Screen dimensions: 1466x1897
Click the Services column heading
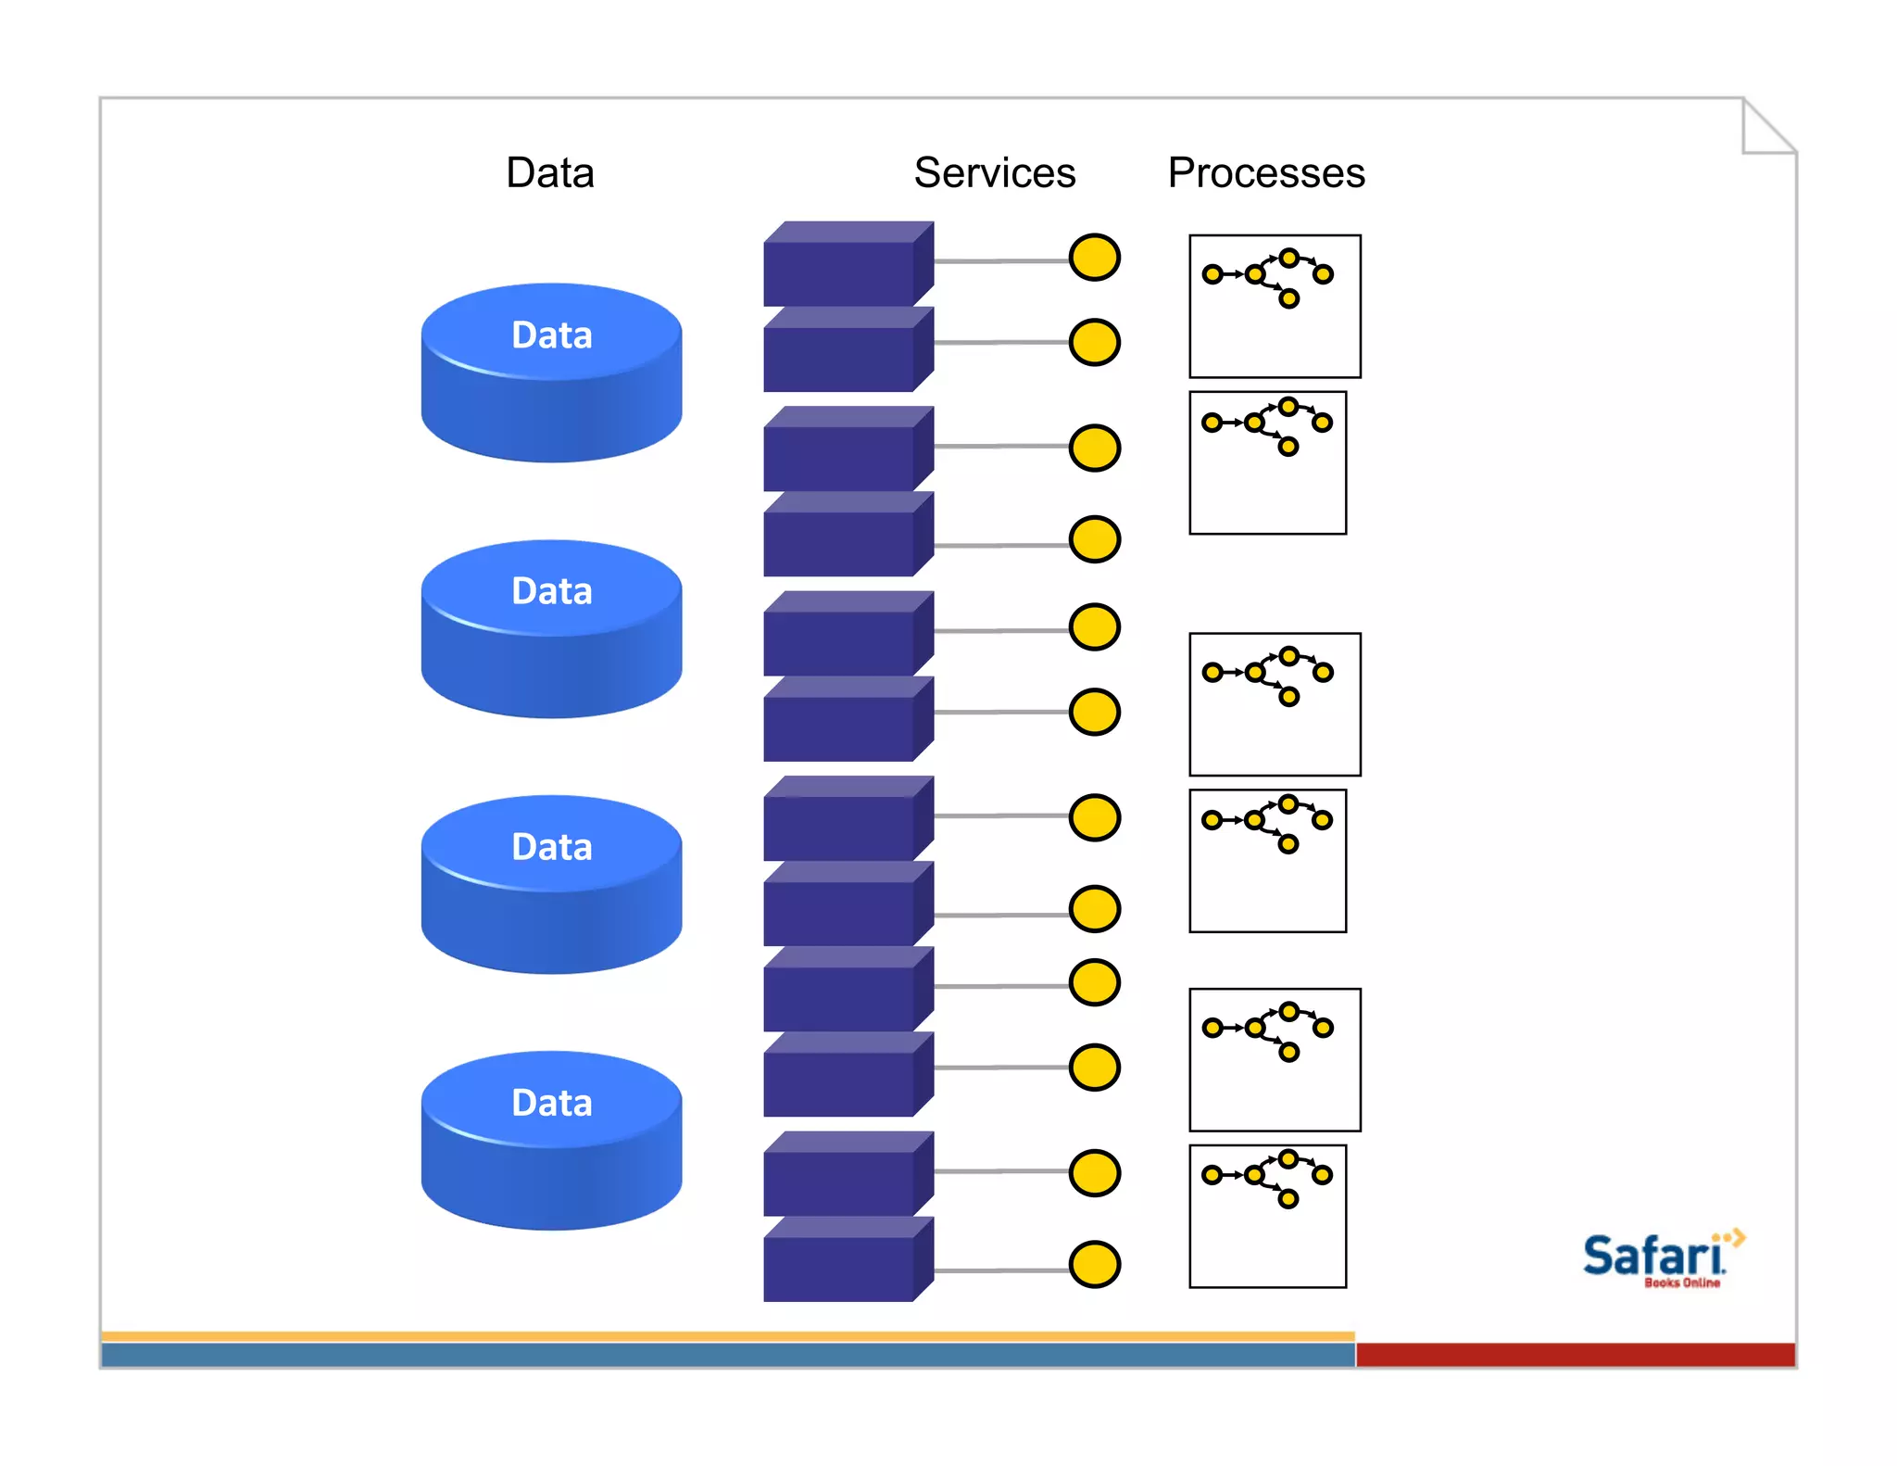(x=994, y=173)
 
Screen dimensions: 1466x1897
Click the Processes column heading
(x=1265, y=173)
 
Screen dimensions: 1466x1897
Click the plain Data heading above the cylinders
(x=549, y=173)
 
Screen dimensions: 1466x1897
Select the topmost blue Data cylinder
(x=551, y=373)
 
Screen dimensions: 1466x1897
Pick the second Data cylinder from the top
(x=551, y=628)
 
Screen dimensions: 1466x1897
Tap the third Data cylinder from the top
(x=551, y=884)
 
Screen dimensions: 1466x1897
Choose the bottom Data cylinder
(x=551, y=1140)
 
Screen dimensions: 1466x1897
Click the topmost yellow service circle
(x=1094, y=258)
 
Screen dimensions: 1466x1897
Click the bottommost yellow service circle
(x=1094, y=1265)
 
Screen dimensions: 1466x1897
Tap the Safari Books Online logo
(x=1658, y=1258)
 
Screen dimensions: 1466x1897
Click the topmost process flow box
(x=1275, y=306)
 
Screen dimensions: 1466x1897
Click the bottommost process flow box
(x=1267, y=1216)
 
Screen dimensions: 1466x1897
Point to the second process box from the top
(x=1267, y=462)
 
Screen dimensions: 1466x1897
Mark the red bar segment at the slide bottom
(x=1575, y=1355)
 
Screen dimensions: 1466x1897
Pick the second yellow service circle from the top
(x=1094, y=343)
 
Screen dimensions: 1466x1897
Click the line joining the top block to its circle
(x=1000, y=261)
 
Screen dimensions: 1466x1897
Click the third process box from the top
(x=1275, y=704)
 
